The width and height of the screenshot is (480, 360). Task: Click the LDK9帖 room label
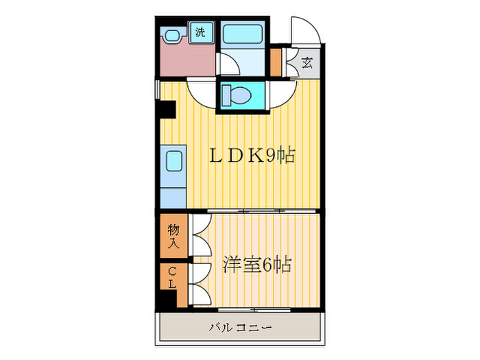click(252, 156)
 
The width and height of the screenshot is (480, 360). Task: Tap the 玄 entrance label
click(307, 63)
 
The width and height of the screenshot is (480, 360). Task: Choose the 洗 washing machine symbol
click(200, 32)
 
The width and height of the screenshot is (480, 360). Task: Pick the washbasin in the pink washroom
click(173, 34)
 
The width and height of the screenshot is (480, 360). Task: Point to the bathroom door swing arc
click(228, 63)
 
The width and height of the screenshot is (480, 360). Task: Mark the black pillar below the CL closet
click(167, 299)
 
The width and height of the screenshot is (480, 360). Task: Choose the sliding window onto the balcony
click(254, 310)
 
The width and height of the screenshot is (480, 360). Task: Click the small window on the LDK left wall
click(157, 90)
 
